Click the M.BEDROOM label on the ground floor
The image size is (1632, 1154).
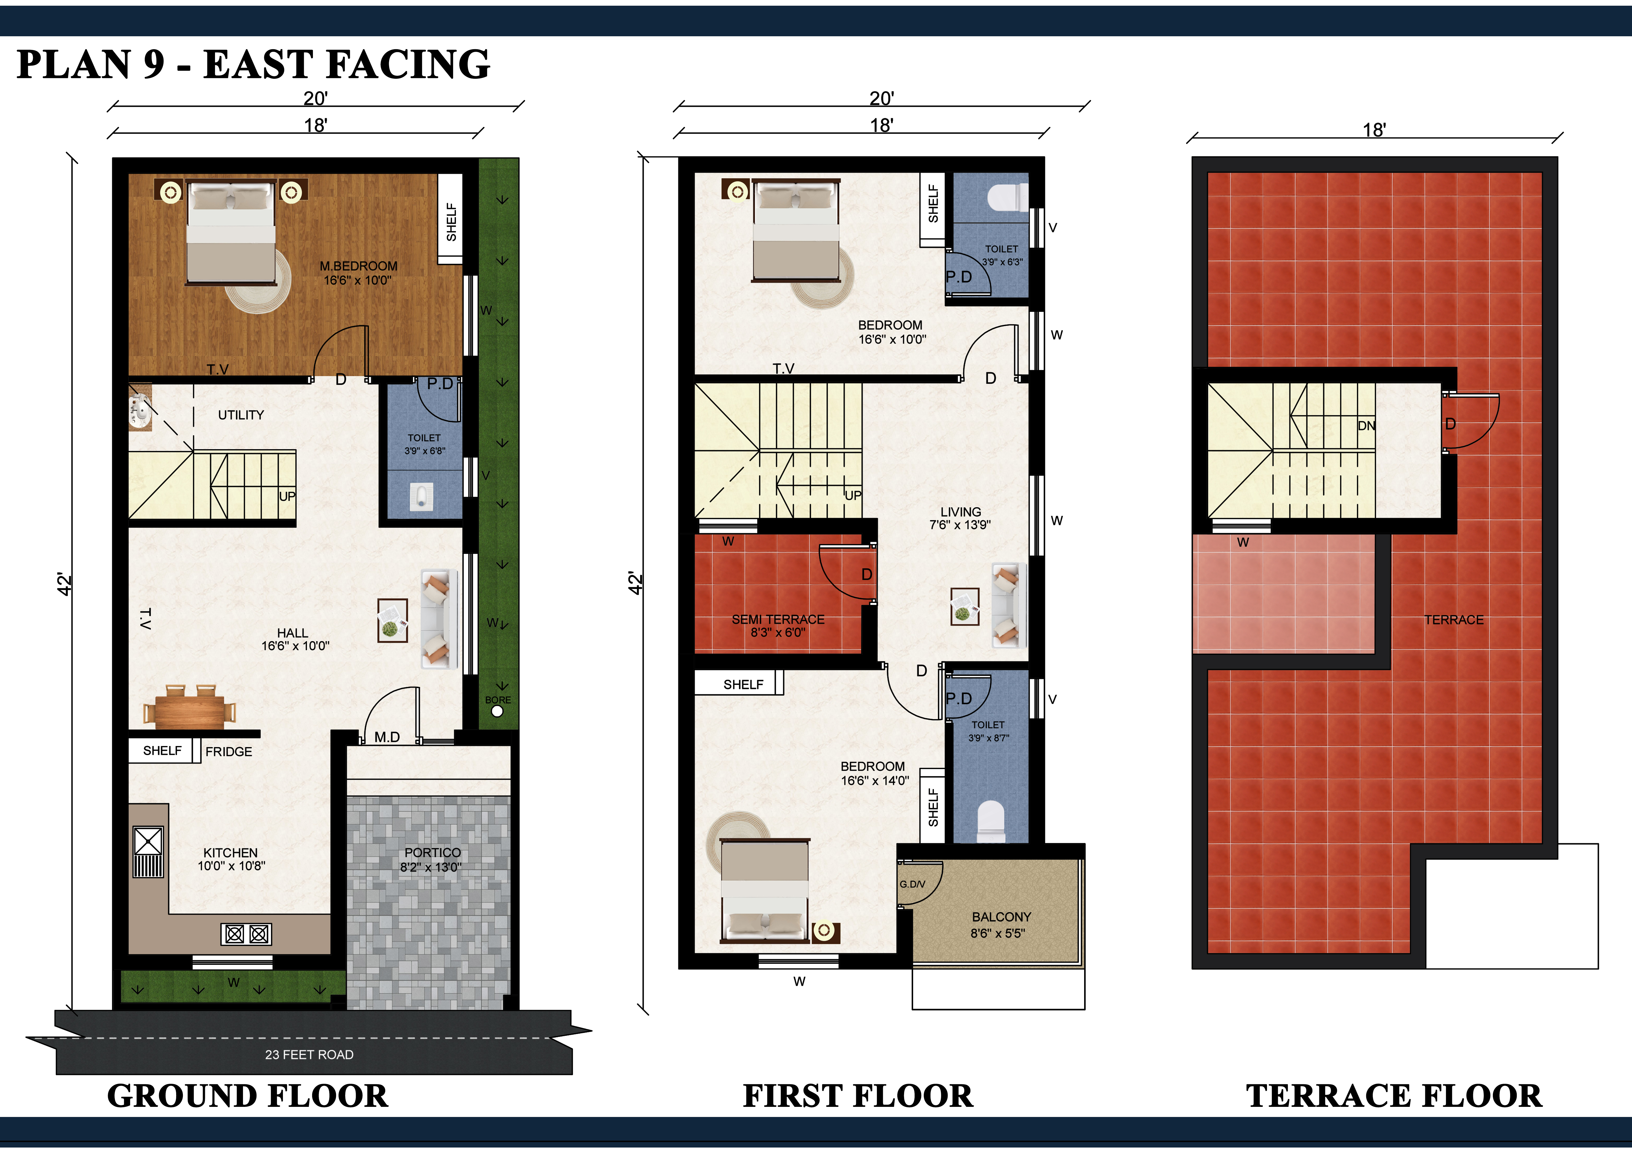tap(358, 266)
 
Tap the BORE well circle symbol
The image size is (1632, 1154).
tap(497, 711)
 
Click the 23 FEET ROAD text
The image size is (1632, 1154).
tap(309, 1055)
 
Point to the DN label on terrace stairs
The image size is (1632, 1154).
tap(1366, 426)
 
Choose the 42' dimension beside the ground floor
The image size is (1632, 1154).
tap(64, 584)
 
